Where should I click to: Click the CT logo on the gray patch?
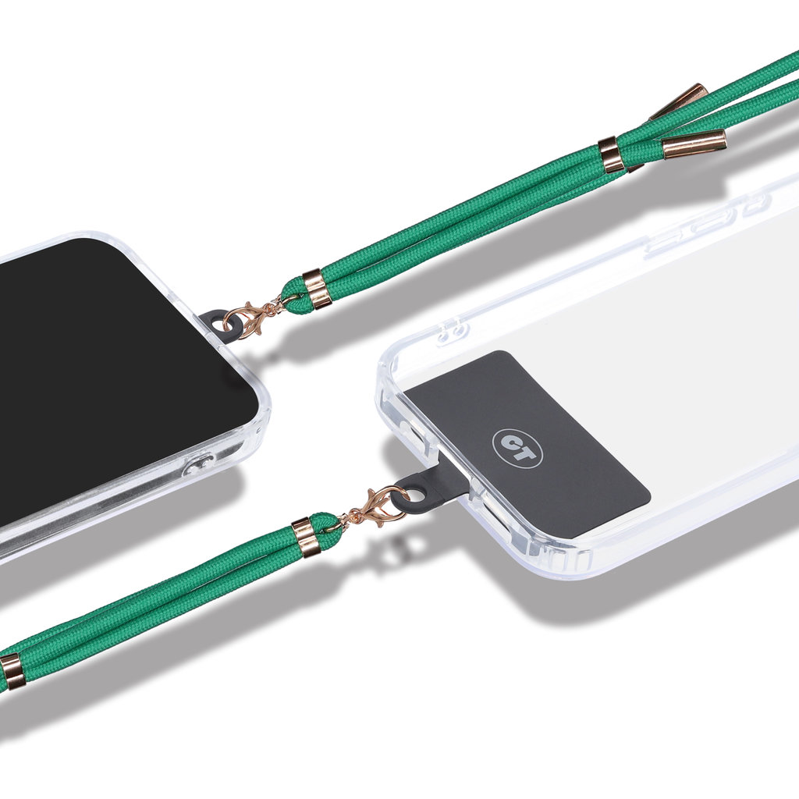(x=517, y=447)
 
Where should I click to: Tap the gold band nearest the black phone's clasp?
(x=317, y=289)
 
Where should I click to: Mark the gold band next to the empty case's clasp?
(x=306, y=537)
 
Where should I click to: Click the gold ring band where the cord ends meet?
(x=611, y=154)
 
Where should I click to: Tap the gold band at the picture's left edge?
(x=11, y=672)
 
